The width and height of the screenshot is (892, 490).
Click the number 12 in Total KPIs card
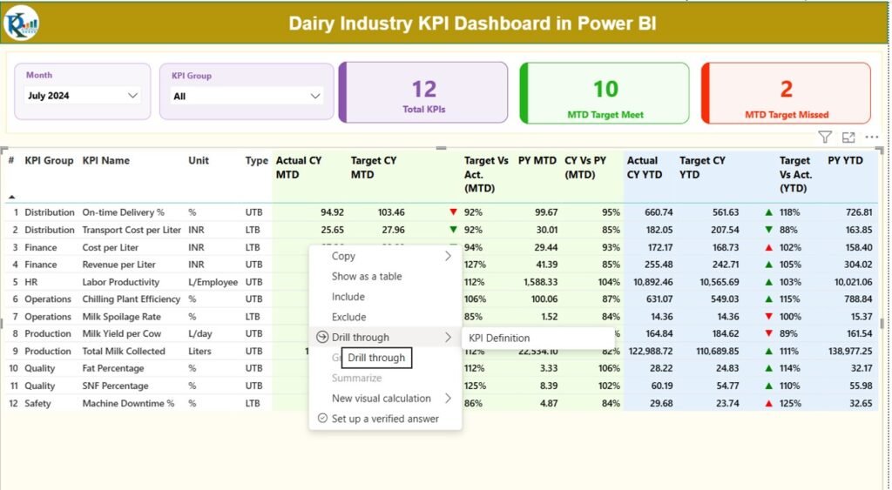point(423,89)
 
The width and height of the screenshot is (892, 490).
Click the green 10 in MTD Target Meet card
point(605,89)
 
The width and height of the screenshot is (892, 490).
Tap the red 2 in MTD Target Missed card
point(786,89)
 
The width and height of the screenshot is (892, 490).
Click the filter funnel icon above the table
point(824,138)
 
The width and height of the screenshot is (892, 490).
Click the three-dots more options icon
point(871,138)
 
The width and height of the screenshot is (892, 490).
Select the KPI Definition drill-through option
point(499,338)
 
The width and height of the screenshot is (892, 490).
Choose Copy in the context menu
point(343,256)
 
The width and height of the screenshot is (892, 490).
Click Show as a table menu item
point(367,276)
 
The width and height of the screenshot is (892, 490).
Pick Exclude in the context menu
point(348,317)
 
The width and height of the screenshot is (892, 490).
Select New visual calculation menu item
point(381,399)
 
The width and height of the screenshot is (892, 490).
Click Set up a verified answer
point(385,419)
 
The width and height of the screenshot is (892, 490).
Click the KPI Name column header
point(105,161)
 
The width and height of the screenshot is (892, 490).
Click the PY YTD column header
point(845,161)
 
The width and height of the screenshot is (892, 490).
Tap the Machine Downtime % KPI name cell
point(128,404)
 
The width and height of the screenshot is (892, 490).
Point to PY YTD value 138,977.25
point(844,352)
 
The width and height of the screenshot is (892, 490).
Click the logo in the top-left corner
point(21,23)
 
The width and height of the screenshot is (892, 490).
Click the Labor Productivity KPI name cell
point(121,282)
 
